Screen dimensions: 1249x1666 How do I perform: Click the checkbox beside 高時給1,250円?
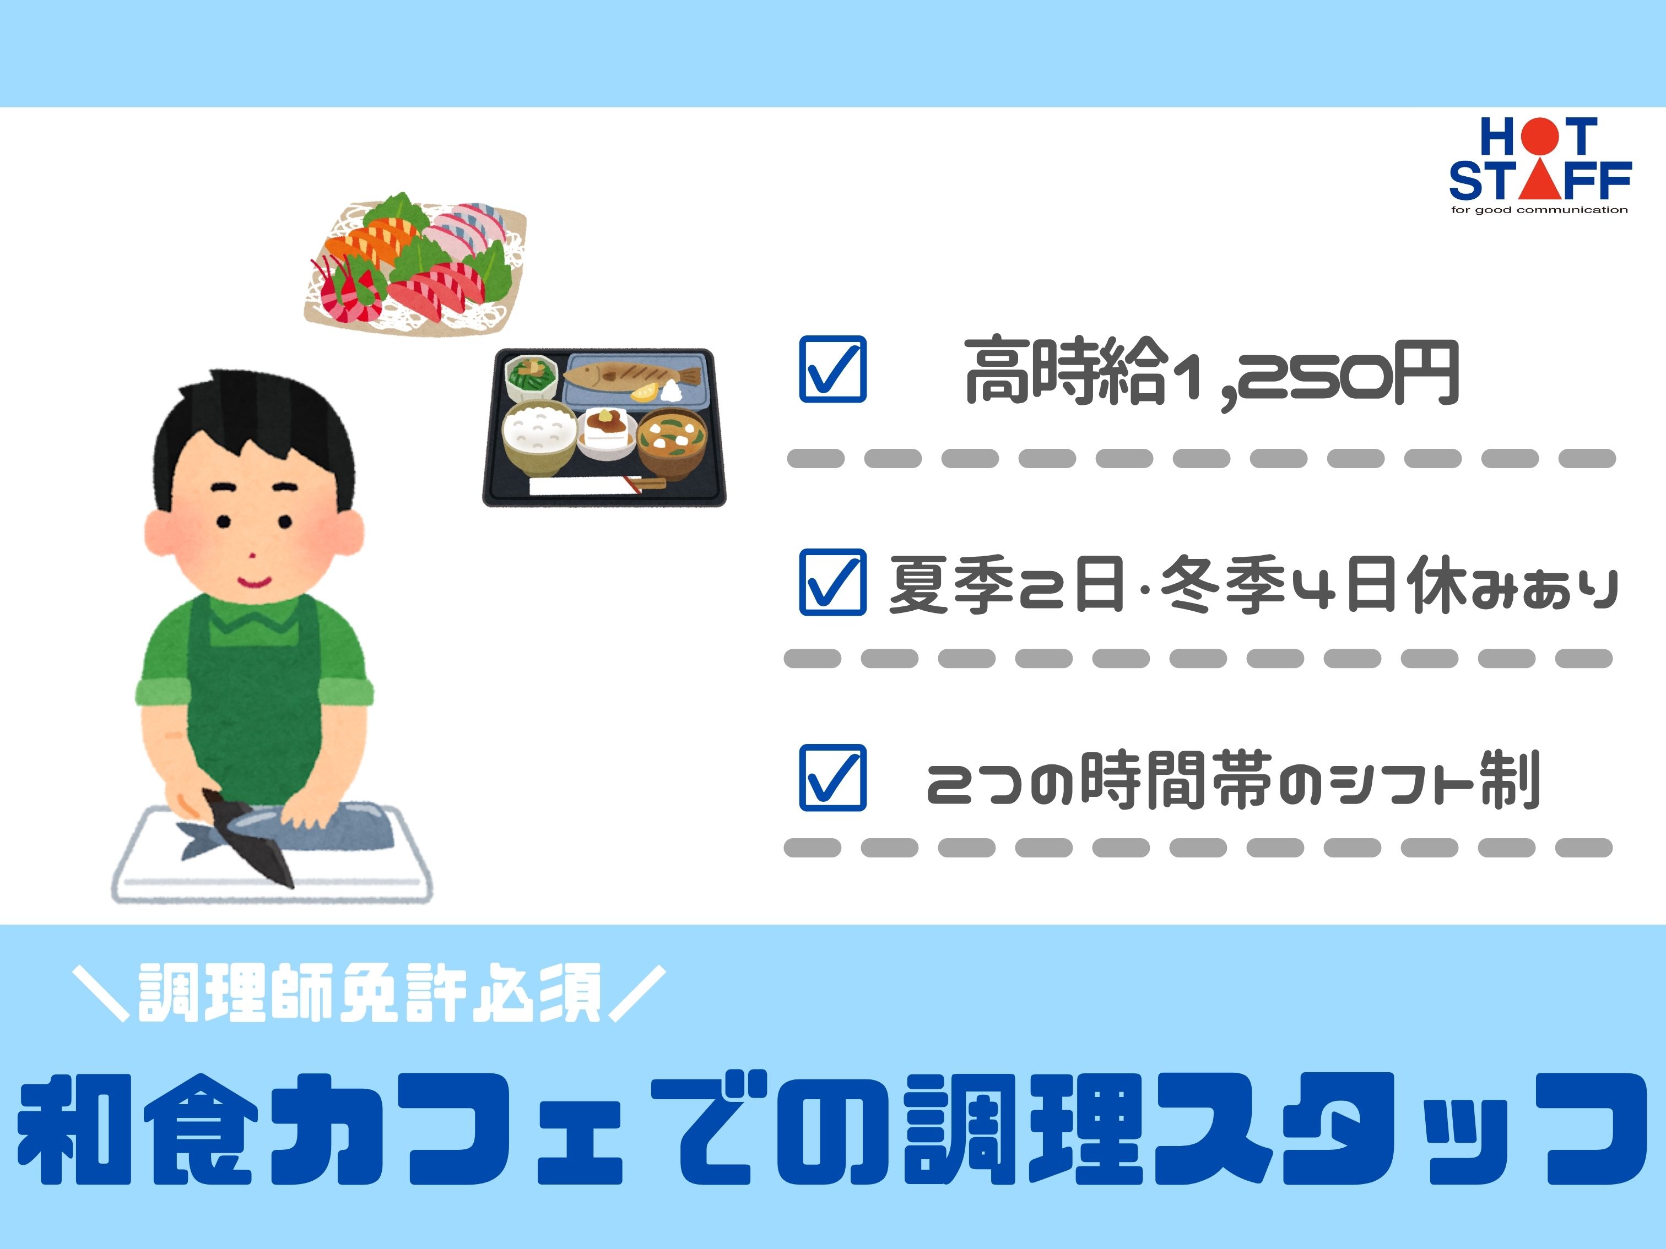[832, 369]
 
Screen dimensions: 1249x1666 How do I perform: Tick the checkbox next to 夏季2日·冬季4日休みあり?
[832, 582]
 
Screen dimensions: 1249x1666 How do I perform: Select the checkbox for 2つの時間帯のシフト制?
[832, 778]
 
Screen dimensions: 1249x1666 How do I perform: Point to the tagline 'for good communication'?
[1539, 210]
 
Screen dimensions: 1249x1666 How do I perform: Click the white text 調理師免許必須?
[369, 992]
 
